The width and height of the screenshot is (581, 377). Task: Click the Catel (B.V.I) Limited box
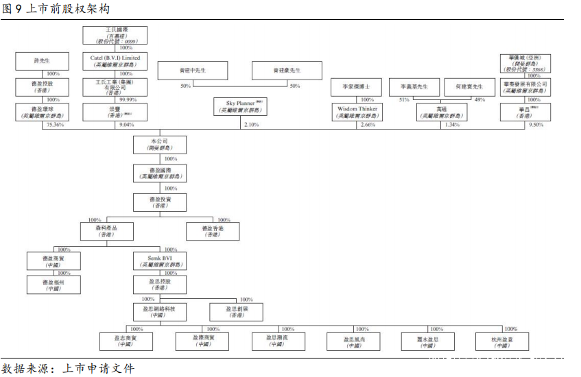coord(115,61)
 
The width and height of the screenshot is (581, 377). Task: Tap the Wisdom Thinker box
coord(357,112)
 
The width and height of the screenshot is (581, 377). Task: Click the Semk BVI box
coord(158,260)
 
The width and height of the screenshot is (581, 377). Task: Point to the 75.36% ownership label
coord(54,125)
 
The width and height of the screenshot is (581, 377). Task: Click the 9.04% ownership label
coord(127,125)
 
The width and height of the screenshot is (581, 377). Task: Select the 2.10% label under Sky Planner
coord(252,125)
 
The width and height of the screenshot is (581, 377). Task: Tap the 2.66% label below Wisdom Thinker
coord(368,125)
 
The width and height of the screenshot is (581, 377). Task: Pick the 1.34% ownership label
coord(453,125)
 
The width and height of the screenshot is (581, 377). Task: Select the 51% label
coord(404,100)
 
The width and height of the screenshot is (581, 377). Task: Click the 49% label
coord(479,100)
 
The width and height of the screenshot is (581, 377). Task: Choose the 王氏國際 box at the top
coord(115,36)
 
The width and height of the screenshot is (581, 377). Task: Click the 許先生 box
coord(41,61)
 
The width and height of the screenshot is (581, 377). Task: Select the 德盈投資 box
coord(159,202)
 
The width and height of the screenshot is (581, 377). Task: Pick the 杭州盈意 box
coord(502,341)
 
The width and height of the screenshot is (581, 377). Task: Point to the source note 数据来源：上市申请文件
coord(69,369)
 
